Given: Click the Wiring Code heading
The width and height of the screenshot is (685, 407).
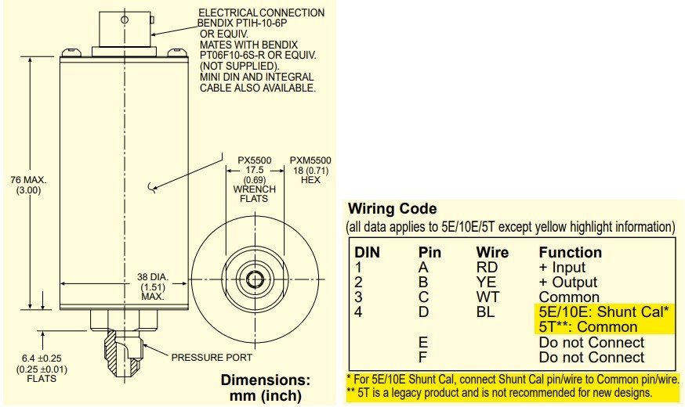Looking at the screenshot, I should [x=392, y=210].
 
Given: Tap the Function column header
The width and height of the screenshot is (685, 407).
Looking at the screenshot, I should [x=570, y=253].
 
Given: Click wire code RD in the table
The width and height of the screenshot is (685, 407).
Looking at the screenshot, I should [x=485, y=268].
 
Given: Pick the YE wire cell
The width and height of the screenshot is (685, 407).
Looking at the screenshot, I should [x=485, y=283].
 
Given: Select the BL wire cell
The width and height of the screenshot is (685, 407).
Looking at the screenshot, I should [x=485, y=312].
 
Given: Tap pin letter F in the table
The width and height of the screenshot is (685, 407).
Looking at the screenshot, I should [x=423, y=358].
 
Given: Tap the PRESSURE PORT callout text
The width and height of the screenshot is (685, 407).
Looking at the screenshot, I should [x=212, y=358].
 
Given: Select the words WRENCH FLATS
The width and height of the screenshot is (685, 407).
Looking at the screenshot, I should [x=256, y=193].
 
